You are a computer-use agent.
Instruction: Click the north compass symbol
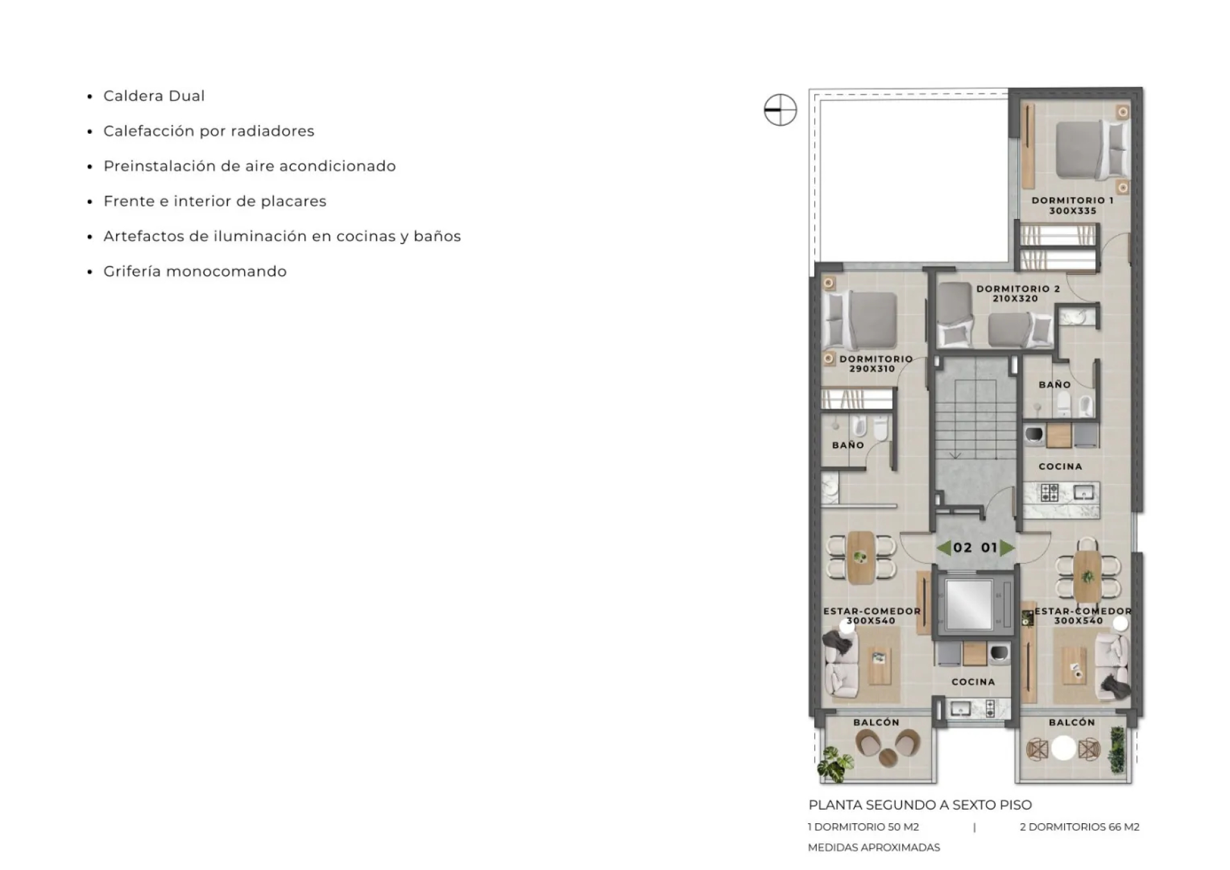(x=780, y=110)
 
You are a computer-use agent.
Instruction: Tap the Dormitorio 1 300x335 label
(x=1072, y=205)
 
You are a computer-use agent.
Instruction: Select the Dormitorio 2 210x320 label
(x=1018, y=293)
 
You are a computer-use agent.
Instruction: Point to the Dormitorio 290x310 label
(x=876, y=364)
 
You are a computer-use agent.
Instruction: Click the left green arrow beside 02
(x=943, y=548)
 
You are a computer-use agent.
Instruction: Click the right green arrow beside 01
(x=1007, y=548)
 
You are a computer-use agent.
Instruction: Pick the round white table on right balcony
(x=1063, y=748)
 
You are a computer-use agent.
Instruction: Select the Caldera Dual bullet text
(x=154, y=96)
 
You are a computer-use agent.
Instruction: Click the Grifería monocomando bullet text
(x=195, y=272)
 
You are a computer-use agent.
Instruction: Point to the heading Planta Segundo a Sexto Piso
(x=920, y=805)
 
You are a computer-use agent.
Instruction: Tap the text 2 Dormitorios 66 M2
(x=1079, y=827)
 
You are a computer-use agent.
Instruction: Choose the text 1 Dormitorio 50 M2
(x=864, y=827)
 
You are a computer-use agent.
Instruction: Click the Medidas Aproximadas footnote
(x=874, y=848)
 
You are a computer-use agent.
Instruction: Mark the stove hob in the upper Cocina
(x=1050, y=492)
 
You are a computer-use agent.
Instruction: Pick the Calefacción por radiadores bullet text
(x=209, y=131)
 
